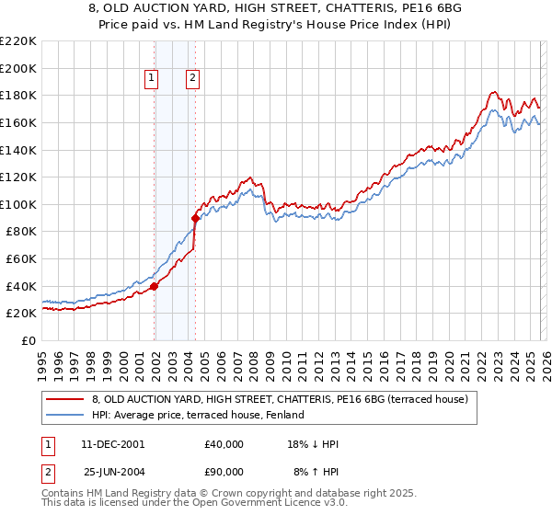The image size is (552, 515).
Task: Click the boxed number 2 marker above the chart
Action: point(193,79)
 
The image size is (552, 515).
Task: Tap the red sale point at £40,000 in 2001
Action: point(154,286)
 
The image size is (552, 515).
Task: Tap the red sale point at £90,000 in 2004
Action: point(195,218)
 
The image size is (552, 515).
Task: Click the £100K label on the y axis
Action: point(18,204)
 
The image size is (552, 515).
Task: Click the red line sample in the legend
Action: point(63,399)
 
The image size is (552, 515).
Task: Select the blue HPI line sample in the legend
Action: point(63,415)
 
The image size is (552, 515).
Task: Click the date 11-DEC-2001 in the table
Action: point(113,444)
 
